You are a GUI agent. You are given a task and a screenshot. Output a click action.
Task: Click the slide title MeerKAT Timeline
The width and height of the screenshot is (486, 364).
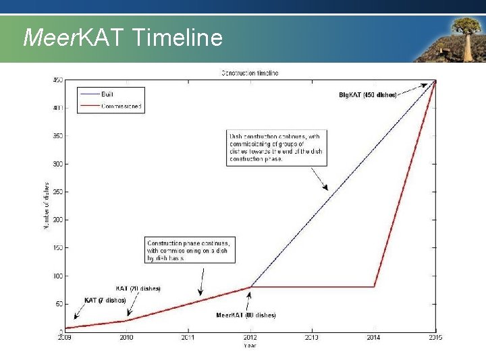tap(122, 37)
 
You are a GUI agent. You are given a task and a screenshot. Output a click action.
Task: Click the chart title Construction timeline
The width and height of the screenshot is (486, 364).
tap(250, 73)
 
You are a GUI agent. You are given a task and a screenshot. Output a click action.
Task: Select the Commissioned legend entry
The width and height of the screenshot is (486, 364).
tap(121, 106)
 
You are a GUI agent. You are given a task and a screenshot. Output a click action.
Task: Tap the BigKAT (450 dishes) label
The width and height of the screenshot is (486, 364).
tap(368, 95)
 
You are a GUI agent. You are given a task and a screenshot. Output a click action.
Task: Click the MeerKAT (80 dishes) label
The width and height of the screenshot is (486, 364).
tap(246, 315)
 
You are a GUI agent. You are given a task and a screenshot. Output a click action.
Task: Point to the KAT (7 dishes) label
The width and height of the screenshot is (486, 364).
tap(105, 300)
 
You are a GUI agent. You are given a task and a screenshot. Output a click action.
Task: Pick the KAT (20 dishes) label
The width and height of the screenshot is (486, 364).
tap(138, 289)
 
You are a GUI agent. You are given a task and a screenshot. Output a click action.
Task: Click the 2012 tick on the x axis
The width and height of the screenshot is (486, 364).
tap(250, 337)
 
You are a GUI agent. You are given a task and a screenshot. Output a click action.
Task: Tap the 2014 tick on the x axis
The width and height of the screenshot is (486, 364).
tap(373, 337)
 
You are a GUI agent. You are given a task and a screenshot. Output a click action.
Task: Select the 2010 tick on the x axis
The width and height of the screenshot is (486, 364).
tap(127, 337)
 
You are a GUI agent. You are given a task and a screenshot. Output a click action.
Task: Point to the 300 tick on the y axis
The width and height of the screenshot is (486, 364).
tap(58, 164)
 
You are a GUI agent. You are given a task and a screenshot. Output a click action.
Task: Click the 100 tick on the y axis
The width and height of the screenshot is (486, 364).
tap(58, 276)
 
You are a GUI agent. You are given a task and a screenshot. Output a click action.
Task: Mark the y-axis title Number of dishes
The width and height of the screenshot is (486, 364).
tap(47, 206)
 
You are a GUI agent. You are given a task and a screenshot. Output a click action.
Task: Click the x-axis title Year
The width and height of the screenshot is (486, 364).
tap(250, 346)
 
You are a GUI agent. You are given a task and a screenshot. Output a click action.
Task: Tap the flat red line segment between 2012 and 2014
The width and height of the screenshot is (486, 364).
tap(312, 287)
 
